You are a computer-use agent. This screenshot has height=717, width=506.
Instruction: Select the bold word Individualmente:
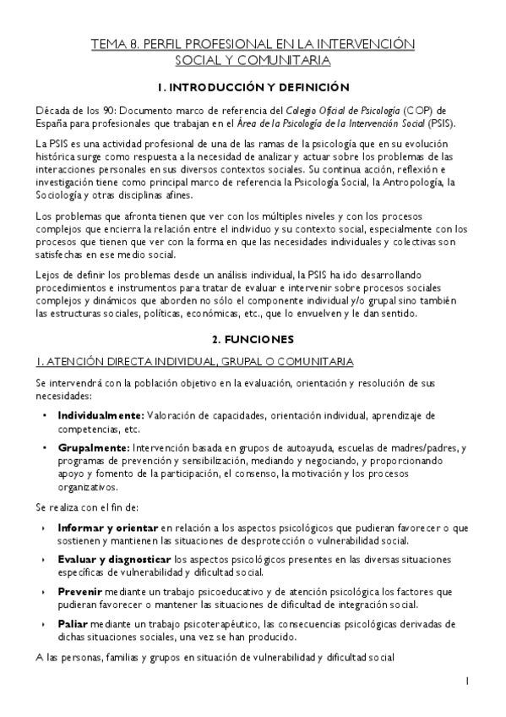pos(101,415)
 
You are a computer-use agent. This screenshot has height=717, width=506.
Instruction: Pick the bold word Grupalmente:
pos(93,447)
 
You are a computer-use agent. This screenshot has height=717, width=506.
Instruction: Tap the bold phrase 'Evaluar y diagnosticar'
pos(114,560)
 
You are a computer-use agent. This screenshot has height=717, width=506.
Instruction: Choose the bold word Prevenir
pos(81,592)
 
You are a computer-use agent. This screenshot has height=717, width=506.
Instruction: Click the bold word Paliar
pos(73,623)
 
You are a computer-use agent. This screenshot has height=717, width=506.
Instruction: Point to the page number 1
pos(467,680)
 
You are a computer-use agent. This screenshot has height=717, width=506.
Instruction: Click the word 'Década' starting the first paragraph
pos(52,109)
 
